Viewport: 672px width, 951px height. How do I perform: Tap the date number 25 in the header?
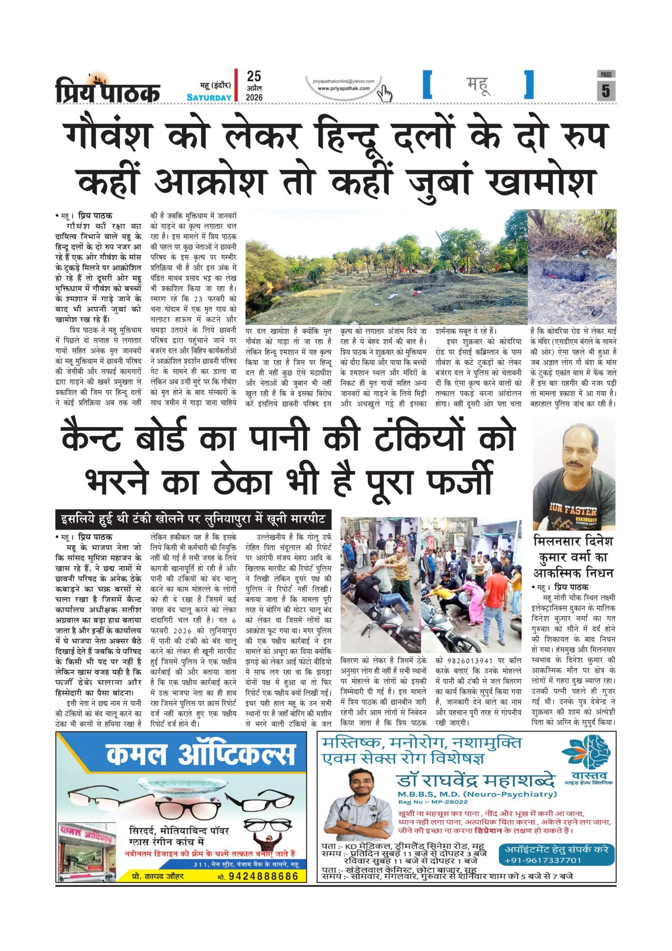click(x=254, y=76)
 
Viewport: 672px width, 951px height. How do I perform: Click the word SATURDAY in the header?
click(x=209, y=97)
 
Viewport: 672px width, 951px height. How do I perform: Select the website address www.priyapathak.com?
click(x=344, y=88)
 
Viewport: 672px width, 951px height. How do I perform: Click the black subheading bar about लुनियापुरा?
click(x=194, y=520)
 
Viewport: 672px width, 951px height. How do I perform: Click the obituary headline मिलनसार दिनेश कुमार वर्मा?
click(x=573, y=557)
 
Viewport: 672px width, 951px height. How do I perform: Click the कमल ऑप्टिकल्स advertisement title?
click(x=201, y=754)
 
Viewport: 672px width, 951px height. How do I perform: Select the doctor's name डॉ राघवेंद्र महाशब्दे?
click(x=476, y=780)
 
